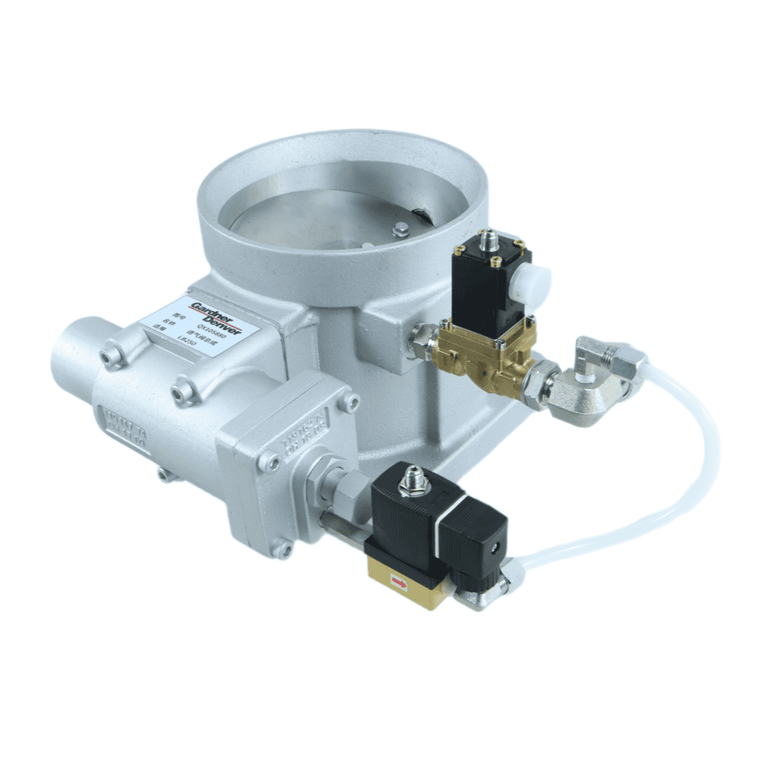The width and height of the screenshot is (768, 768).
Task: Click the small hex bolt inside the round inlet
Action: (x=400, y=228)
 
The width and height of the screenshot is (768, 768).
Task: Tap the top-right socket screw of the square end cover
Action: (x=348, y=402)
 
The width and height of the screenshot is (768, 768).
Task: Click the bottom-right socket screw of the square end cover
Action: (x=283, y=548)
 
